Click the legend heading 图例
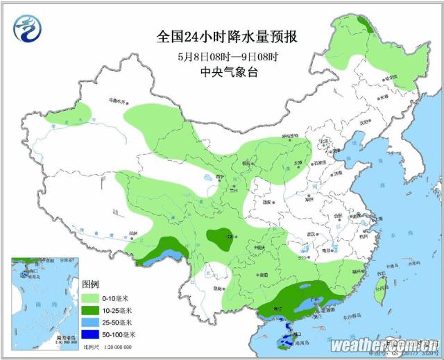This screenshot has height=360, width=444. point(91,285)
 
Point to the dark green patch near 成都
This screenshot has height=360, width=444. point(222,239)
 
